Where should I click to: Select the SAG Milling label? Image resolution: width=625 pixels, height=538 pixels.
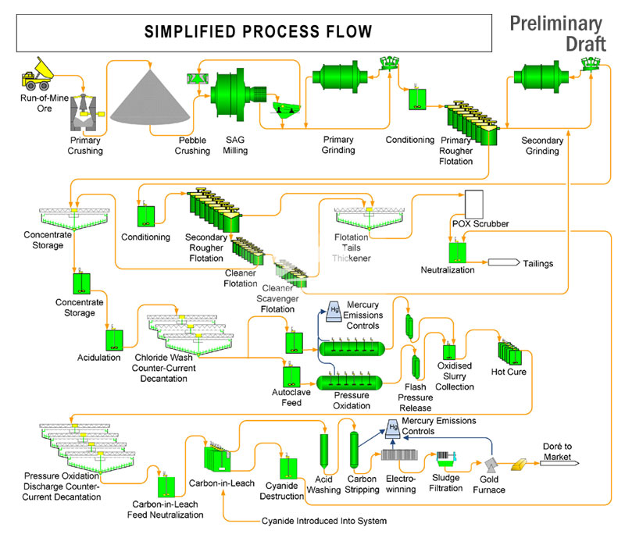[235, 144]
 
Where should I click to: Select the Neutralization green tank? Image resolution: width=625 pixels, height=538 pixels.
[456, 251]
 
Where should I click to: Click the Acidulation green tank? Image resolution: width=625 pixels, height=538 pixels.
[115, 340]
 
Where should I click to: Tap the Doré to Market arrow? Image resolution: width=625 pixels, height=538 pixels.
[561, 462]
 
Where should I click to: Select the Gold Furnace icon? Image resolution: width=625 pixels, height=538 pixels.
[489, 467]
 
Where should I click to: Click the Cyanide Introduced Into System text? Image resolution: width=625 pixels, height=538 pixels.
[323, 521]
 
